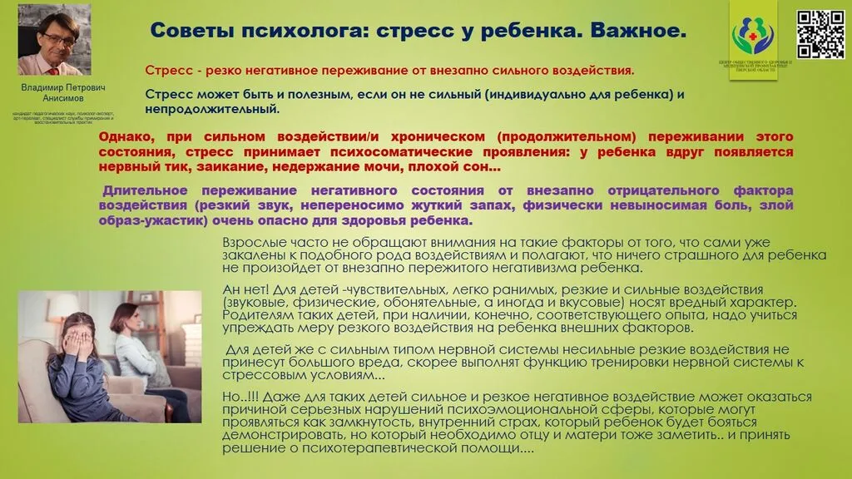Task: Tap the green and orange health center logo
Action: pos(752,32)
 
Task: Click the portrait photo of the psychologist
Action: pos(55,39)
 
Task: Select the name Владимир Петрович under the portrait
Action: pos(57,86)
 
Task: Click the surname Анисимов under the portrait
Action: pos(57,97)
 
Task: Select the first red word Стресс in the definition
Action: pos(165,71)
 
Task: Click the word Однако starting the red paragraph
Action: pos(125,136)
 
